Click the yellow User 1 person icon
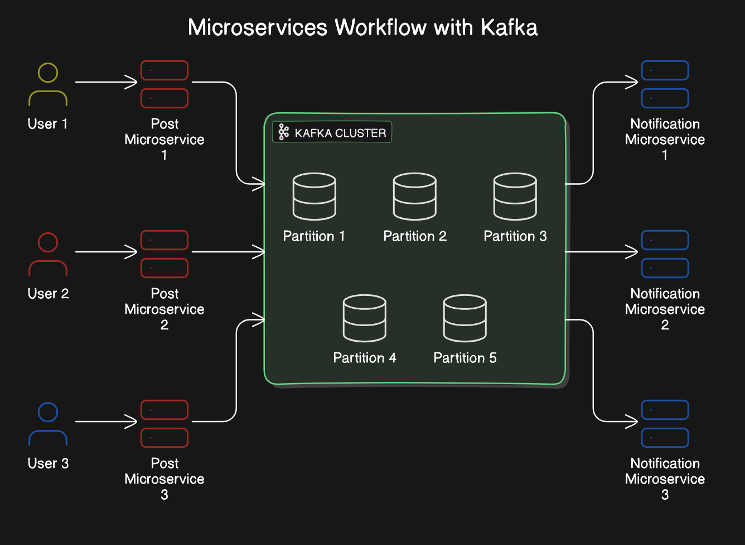coord(48,85)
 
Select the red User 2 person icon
coord(48,255)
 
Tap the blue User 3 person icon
coord(48,424)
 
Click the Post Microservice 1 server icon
coord(165,84)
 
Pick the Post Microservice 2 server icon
coord(165,254)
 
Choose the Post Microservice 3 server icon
coord(165,424)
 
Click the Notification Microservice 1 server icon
coord(665,84)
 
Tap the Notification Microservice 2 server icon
coord(665,254)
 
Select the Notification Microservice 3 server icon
coord(665,424)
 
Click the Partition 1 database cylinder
coord(315,197)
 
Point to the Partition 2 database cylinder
coord(415,197)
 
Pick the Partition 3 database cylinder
coord(515,197)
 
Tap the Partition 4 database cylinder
coord(365,318)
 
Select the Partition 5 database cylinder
coord(465,318)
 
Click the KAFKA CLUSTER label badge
coord(332,132)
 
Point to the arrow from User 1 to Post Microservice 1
coord(106,82)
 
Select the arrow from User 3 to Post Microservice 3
coord(106,422)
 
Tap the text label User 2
coord(48,294)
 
